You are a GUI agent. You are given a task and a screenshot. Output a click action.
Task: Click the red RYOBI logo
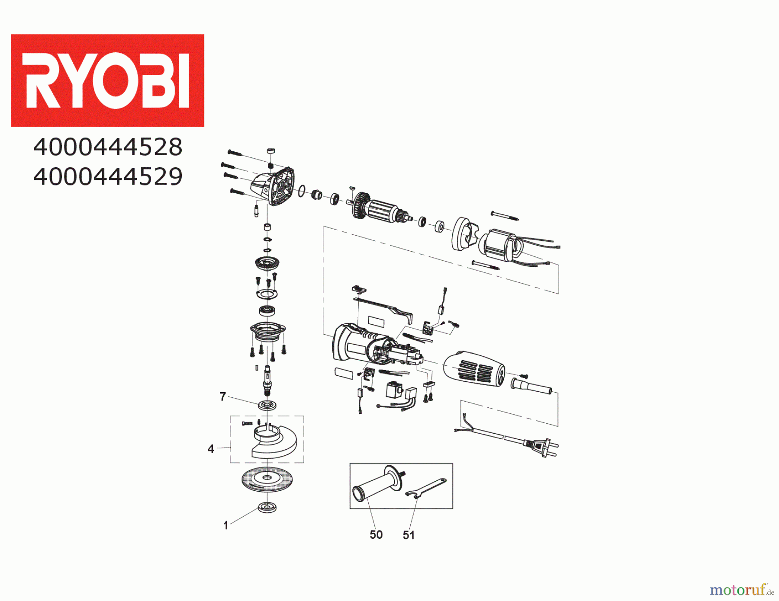tap(107, 80)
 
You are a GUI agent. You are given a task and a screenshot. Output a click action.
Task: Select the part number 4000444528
tap(108, 147)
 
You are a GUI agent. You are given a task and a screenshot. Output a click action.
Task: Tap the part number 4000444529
tap(108, 176)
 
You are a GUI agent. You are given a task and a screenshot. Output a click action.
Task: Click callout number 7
tap(223, 396)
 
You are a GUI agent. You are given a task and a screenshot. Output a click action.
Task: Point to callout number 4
tap(211, 449)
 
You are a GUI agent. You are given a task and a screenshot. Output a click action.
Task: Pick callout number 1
tap(225, 525)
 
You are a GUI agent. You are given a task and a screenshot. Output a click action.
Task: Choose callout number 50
tap(376, 535)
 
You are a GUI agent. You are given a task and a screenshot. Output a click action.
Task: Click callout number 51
tap(409, 535)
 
